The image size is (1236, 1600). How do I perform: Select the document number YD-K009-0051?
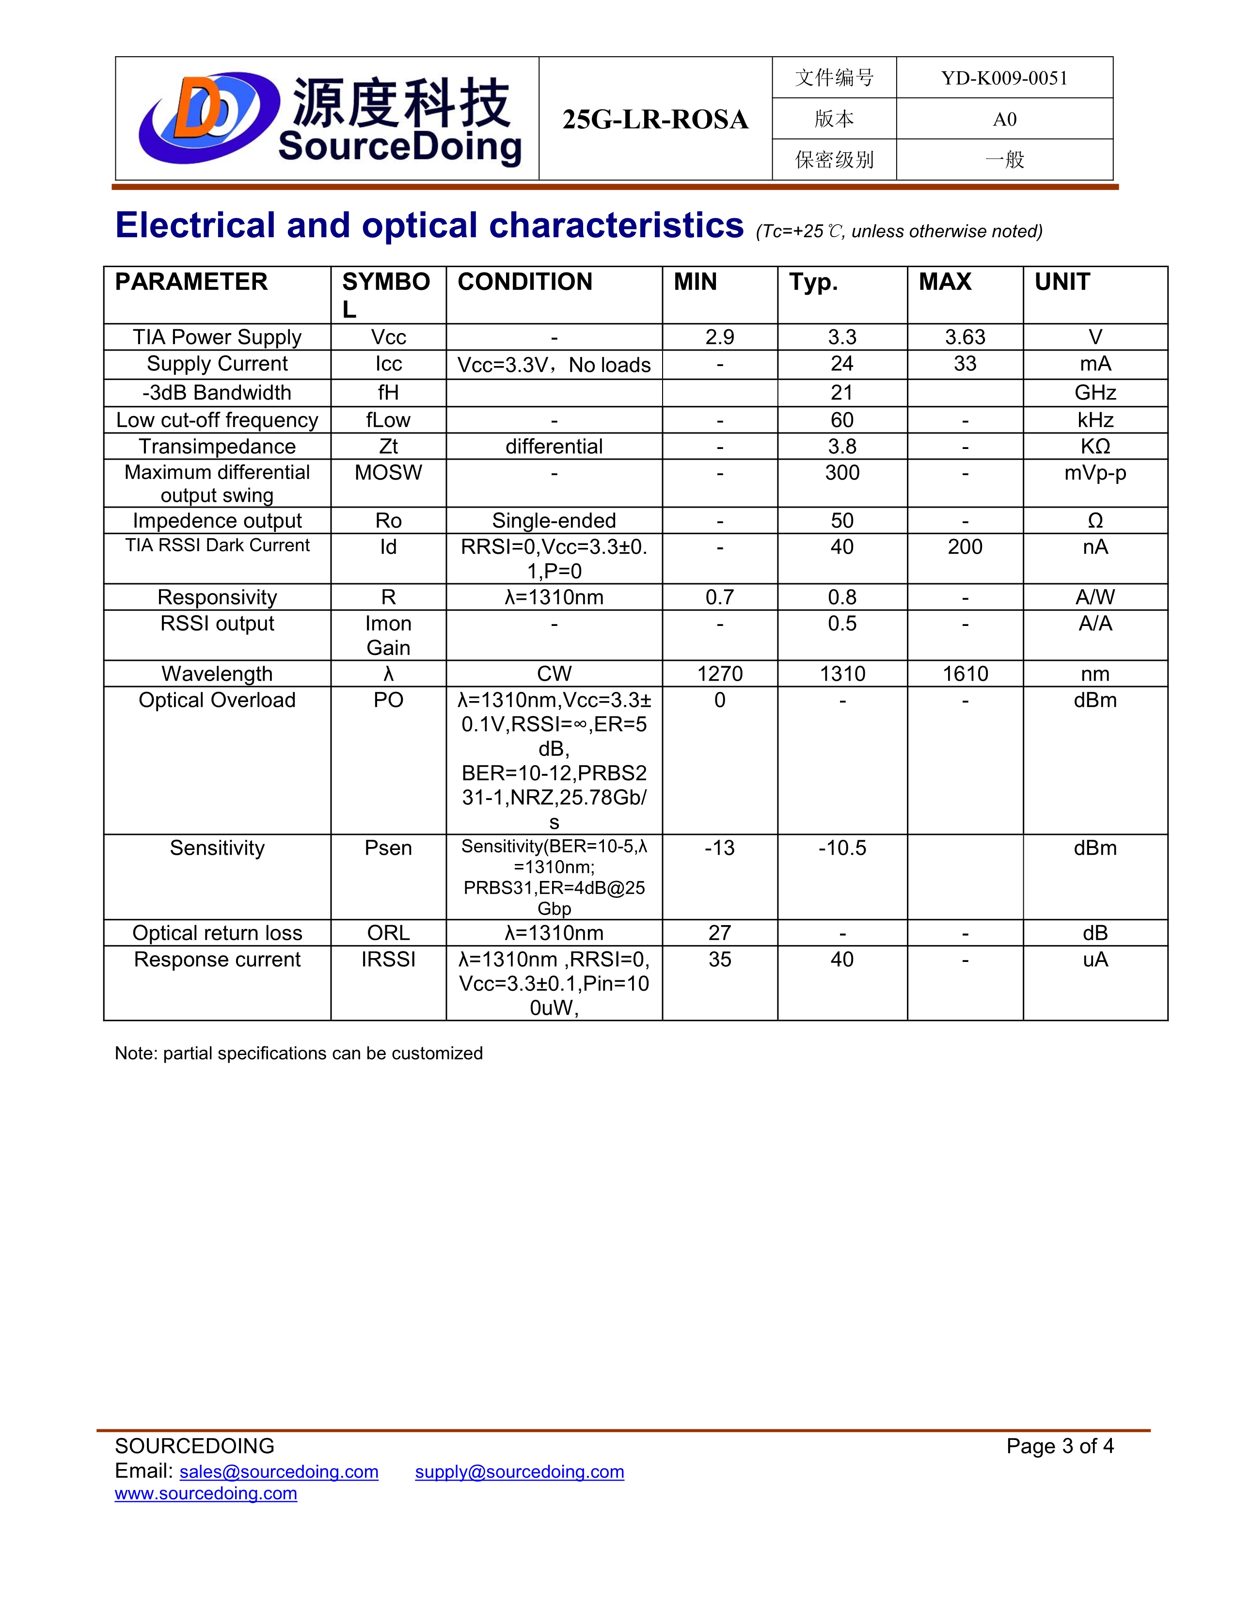click(1004, 79)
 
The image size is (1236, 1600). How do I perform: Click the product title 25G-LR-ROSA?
click(655, 119)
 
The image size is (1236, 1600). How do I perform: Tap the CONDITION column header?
click(524, 282)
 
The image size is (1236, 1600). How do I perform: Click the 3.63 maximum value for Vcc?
click(965, 337)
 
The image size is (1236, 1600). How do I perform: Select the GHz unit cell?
click(1094, 393)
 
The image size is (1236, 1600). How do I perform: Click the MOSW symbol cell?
click(388, 473)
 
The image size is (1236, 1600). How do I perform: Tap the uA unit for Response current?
click(1094, 959)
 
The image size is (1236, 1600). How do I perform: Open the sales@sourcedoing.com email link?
click(279, 1472)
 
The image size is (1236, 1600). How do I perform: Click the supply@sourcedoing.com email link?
click(519, 1472)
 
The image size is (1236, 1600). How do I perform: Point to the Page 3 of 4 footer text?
click(1060, 1446)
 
